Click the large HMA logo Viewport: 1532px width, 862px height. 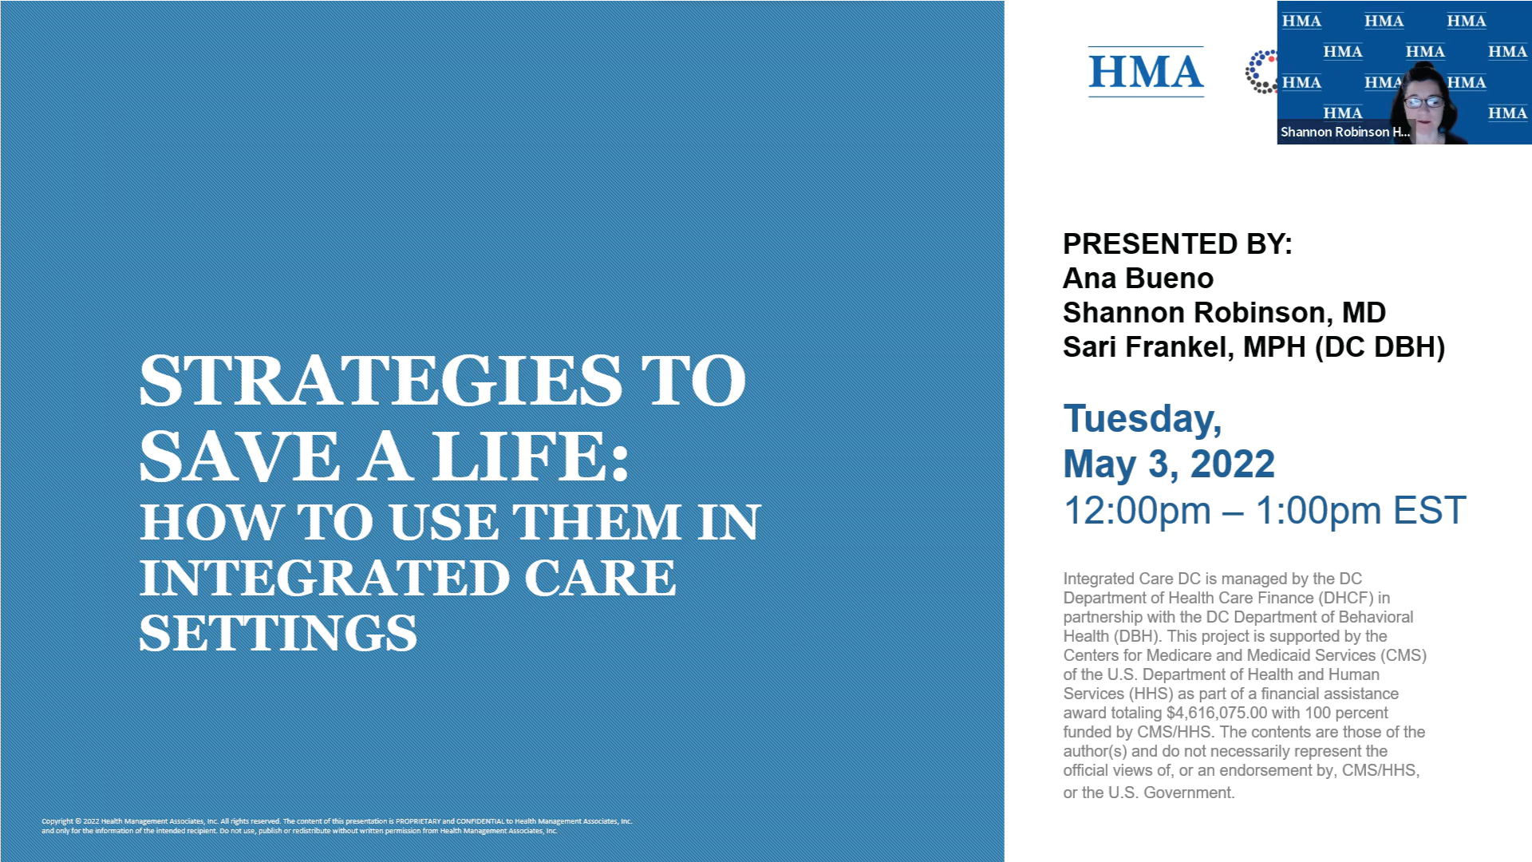[x=1146, y=72]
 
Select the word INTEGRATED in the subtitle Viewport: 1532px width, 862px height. [x=324, y=578]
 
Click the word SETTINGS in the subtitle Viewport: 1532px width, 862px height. [x=278, y=633]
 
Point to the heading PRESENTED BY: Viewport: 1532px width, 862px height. [x=1177, y=243]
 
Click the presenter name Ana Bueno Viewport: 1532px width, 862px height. [x=1138, y=279]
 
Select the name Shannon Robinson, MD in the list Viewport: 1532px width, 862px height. [x=1224, y=313]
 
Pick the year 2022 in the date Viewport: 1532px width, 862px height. [x=1233, y=465]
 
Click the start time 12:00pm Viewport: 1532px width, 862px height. [x=1137, y=511]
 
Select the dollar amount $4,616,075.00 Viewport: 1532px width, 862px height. [x=1216, y=713]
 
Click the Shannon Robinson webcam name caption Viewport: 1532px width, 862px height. [x=1344, y=132]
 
